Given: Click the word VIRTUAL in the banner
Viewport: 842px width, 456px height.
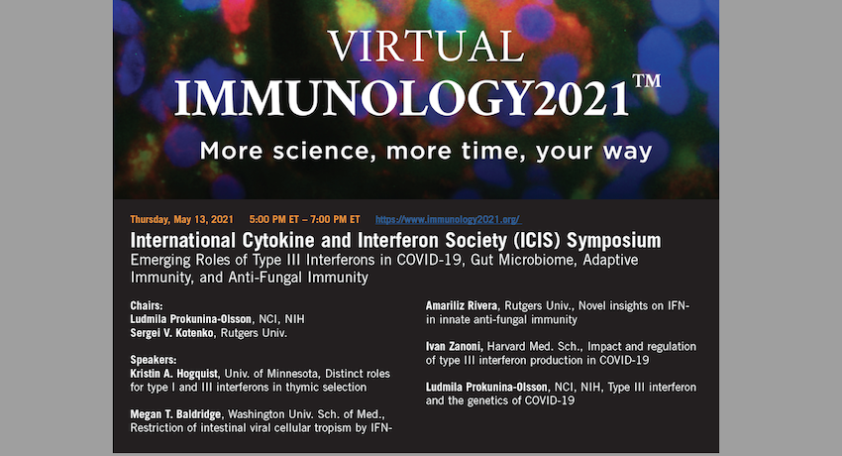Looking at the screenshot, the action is [x=426, y=47].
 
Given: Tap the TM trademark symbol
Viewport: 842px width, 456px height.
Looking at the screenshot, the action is [x=647, y=81].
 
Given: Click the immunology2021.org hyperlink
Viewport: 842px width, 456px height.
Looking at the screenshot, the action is [x=448, y=219].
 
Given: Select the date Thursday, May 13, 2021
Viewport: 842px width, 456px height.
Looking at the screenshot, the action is [x=181, y=219].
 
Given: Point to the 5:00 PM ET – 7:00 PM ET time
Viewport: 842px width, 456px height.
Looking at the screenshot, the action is [x=304, y=219].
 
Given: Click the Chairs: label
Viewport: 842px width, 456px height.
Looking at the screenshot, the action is [x=146, y=305].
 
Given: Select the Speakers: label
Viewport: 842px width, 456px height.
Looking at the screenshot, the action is [x=153, y=360].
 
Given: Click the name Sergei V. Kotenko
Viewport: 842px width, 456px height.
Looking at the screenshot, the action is [x=171, y=333].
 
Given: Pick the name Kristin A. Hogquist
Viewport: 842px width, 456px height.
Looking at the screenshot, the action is [x=174, y=374].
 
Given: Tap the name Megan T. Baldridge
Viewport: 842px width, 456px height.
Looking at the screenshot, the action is [x=175, y=414].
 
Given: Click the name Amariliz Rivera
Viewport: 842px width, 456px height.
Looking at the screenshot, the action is [x=462, y=305].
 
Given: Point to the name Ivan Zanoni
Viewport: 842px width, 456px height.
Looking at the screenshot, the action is [x=455, y=346].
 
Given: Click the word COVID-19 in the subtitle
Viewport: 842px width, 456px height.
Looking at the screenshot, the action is [x=429, y=260].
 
